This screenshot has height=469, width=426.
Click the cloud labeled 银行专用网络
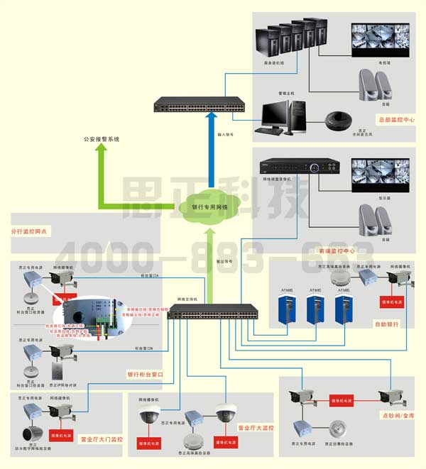coord(209,206)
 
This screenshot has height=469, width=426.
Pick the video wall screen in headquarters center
coord(382,40)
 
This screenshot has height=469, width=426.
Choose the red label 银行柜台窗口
coord(145,374)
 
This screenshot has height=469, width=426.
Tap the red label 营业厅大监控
coord(256,429)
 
